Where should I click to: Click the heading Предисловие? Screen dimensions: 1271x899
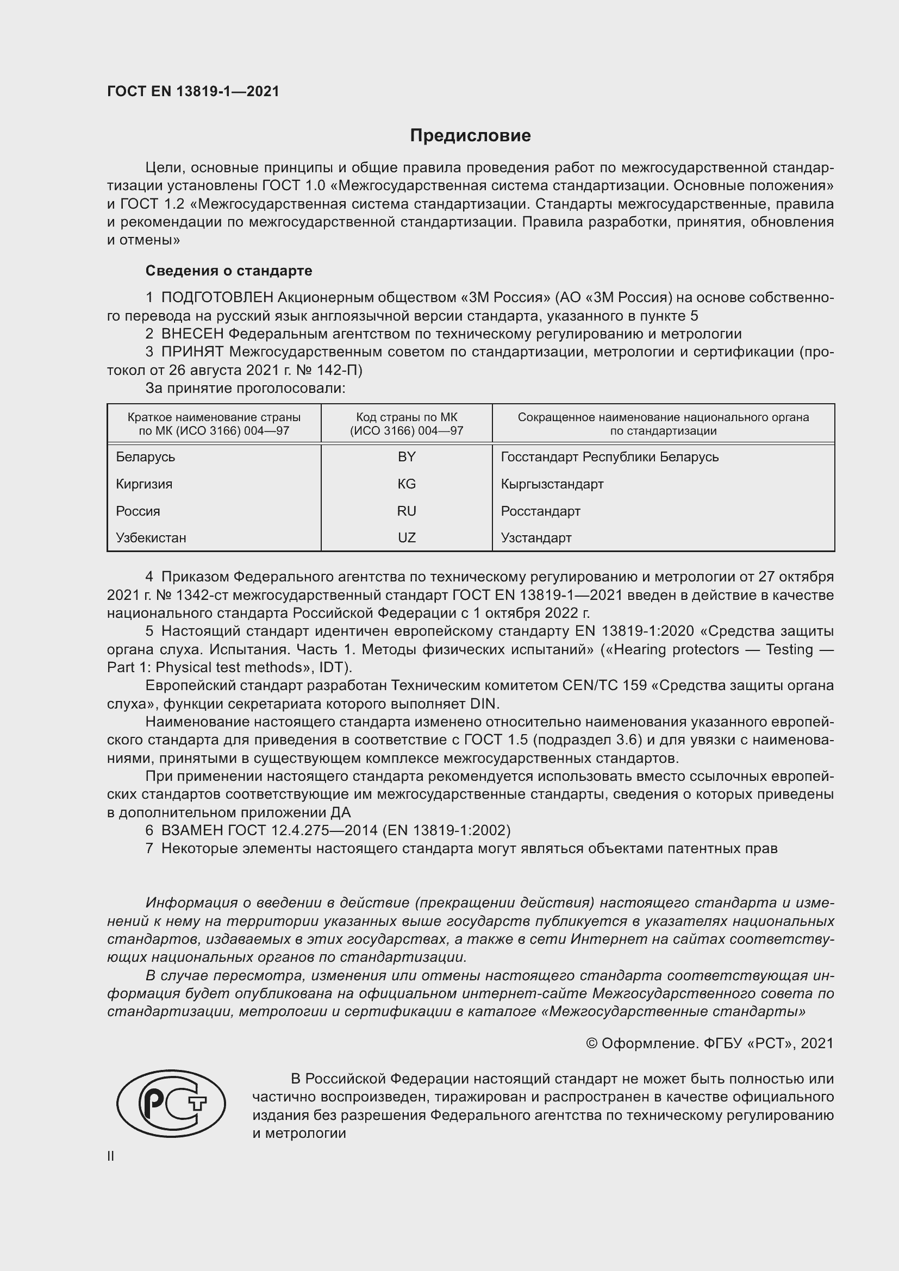click(x=470, y=136)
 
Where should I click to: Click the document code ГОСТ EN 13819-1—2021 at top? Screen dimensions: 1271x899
click(x=193, y=91)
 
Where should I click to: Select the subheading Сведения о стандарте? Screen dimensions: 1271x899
click(x=229, y=271)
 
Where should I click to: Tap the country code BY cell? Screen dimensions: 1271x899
click(x=407, y=456)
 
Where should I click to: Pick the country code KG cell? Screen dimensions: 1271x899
click(x=407, y=484)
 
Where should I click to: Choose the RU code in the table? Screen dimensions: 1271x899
click(x=407, y=511)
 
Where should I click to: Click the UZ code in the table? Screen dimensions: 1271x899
click(x=407, y=537)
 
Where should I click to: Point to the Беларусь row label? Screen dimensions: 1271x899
click(x=145, y=456)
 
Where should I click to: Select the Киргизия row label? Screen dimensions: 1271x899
click(x=144, y=484)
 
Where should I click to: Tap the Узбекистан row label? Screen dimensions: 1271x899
click(x=151, y=537)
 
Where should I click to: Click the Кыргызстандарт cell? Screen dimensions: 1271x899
click(x=552, y=484)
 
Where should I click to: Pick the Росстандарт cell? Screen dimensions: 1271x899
click(x=540, y=511)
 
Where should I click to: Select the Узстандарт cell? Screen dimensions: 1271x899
click(x=536, y=537)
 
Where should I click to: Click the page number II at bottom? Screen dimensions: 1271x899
click(x=111, y=1156)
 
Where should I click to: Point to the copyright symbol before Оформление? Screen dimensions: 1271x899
click(x=591, y=1043)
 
